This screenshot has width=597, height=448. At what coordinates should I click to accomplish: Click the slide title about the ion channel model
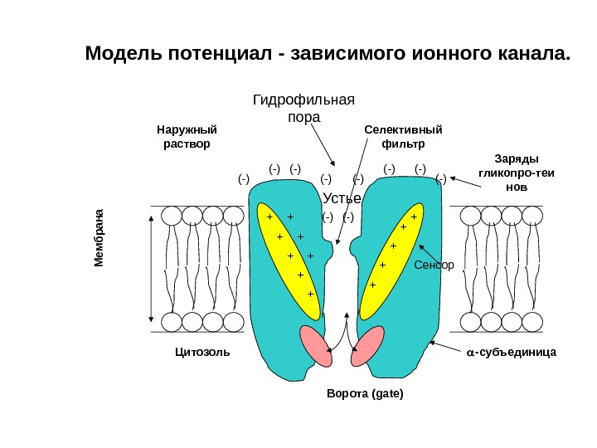(x=329, y=55)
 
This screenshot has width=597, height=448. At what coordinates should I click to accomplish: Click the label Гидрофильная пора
(x=303, y=109)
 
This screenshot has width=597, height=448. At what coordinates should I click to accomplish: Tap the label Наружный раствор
(x=187, y=136)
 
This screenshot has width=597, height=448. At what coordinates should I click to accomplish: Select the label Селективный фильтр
(x=404, y=136)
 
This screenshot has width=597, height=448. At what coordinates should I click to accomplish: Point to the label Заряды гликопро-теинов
(x=516, y=173)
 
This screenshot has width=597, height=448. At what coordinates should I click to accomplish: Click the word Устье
(x=341, y=199)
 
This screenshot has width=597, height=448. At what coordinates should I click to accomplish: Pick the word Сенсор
(x=434, y=265)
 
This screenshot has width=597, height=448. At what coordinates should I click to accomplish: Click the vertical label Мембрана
(x=99, y=237)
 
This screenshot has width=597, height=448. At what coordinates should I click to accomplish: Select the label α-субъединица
(x=511, y=352)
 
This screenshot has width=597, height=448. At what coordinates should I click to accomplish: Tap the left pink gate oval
(x=315, y=345)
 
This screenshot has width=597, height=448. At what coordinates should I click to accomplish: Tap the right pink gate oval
(x=368, y=345)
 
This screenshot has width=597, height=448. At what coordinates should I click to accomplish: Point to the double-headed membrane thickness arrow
(x=150, y=268)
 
